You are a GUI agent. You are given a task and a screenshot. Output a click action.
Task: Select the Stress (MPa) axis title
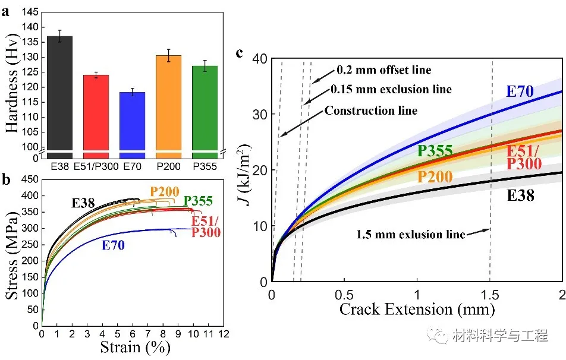pyautogui.click(x=12, y=252)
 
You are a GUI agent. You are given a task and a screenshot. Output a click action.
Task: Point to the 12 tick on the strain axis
pyautogui.click(x=224, y=334)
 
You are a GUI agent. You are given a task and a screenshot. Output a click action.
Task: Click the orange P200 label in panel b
pyautogui.click(x=164, y=192)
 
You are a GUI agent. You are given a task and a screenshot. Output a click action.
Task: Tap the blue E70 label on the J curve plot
pyautogui.click(x=520, y=91)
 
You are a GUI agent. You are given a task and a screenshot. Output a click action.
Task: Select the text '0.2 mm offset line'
pyautogui.click(x=383, y=70)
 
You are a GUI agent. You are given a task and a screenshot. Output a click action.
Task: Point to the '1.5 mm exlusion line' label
pyautogui.click(x=410, y=234)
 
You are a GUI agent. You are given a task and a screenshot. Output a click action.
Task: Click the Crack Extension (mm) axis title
pyautogui.click(x=417, y=309)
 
